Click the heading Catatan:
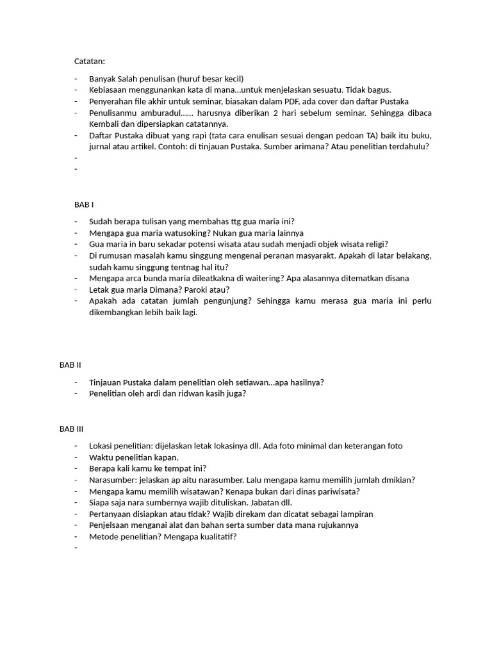tap(89, 61)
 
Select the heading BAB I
tap(84, 204)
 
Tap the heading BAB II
tap(70, 365)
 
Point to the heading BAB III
tap(72, 429)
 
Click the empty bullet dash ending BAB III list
tap(75, 548)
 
